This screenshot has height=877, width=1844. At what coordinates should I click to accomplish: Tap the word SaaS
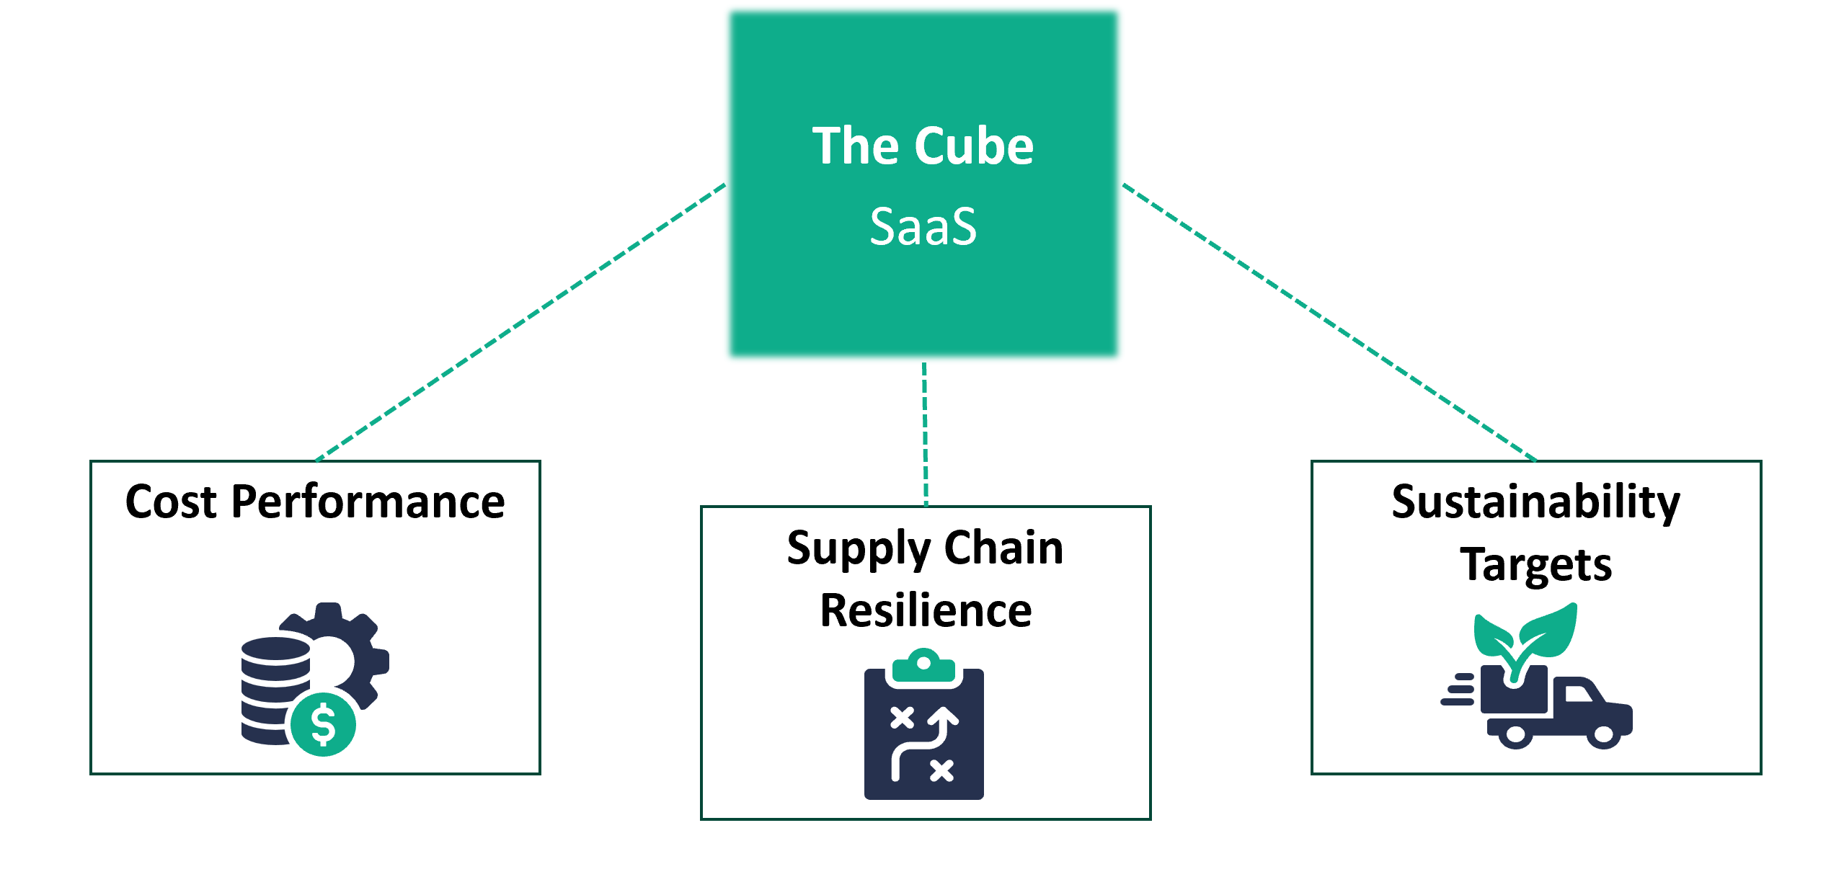923,227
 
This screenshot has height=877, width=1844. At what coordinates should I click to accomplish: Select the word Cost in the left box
172,502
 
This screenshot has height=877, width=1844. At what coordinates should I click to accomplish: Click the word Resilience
926,611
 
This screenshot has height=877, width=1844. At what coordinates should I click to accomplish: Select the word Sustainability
1535,502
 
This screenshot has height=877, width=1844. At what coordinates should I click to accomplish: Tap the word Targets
1535,564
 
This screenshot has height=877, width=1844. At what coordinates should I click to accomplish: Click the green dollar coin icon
324,724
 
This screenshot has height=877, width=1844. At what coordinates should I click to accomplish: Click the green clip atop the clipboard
923,667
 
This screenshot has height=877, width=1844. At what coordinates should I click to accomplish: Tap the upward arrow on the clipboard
942,721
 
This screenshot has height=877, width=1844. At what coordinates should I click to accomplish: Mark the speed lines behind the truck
1459,690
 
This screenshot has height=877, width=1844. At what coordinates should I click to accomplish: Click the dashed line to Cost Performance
519,321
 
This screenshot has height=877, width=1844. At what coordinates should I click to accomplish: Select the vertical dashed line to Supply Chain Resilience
925,432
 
